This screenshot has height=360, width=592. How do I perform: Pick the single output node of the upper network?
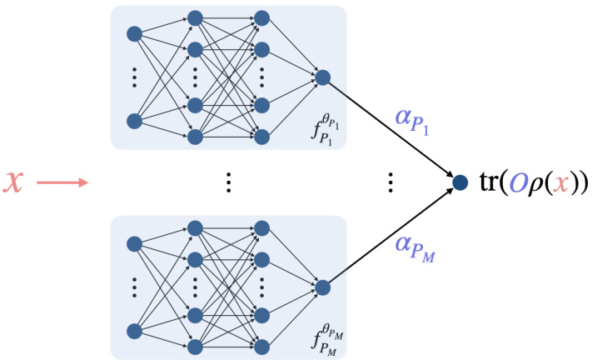323,77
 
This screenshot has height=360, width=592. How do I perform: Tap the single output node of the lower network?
323,287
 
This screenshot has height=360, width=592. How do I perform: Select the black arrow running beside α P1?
391,129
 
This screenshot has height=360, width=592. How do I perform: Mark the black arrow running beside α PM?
391,234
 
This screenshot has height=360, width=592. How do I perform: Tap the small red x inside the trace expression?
561,182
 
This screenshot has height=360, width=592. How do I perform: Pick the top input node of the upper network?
134,34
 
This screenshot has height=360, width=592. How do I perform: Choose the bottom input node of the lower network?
134,331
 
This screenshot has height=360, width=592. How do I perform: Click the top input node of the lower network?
134,244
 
